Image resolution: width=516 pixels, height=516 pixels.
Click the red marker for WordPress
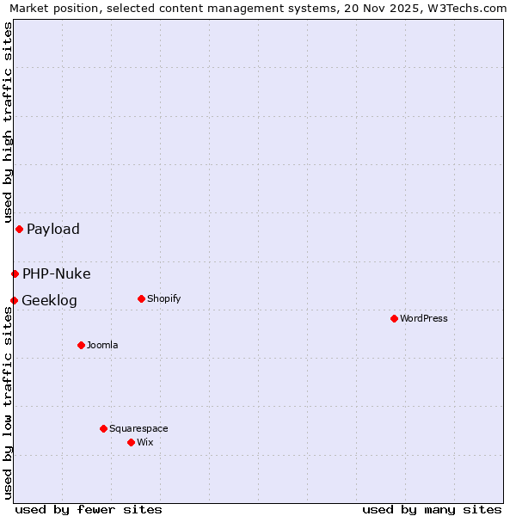[394, 318]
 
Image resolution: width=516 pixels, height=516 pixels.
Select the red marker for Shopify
[141, 298]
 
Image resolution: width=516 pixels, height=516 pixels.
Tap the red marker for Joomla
[81, 345]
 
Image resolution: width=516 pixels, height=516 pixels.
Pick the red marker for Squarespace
[103, 428]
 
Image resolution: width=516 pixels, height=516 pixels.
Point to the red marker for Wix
[131, 442]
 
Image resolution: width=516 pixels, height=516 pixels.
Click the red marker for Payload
[19, 229]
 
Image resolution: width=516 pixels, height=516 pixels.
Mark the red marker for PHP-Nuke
[15, 273]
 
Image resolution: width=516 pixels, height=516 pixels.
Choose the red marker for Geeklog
[14, 300]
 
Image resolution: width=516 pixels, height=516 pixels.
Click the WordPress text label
[424, 318]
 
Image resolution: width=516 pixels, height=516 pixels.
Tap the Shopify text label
[164, 298]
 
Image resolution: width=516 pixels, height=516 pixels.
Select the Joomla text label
[102, 345]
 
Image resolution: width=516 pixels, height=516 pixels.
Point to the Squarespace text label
[138, 428]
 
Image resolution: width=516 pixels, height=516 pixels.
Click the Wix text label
[144, 442]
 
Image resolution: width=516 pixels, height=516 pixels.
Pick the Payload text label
[53, 229]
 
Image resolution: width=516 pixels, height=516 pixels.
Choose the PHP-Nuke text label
[57, 273]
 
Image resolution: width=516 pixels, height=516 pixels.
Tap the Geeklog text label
[49, 300]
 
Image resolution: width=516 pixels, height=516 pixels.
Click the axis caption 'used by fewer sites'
[89, 509]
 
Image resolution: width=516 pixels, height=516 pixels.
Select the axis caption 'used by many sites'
[432, 509]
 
